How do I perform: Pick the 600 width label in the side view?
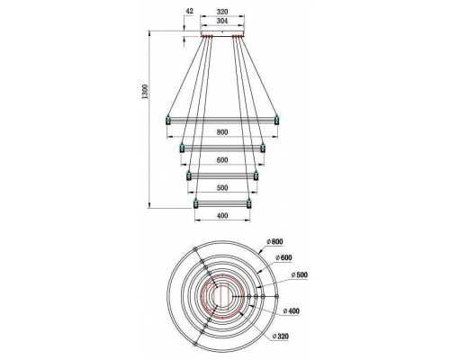pyautogui.click(x=222, y=159)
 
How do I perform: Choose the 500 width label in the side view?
pyautogui.click(x=222, y=188)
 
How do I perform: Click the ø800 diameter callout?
pyautogui.click(x=274, y=242)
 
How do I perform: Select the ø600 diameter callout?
pyautogui.click(x=286, y=257)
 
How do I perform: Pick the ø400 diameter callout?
pyautogui.click(x=292, y=310)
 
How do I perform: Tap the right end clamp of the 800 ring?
pyautogui.click(x=277, y=119)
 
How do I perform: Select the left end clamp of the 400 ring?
pyautogui.click(x=195, y=204)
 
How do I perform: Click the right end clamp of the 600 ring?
pyautogui.click(x=263, y=147)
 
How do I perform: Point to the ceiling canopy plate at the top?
pyautogui.click(x=222, y=35)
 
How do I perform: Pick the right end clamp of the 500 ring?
pyautogui.click(x=256, y=175)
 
